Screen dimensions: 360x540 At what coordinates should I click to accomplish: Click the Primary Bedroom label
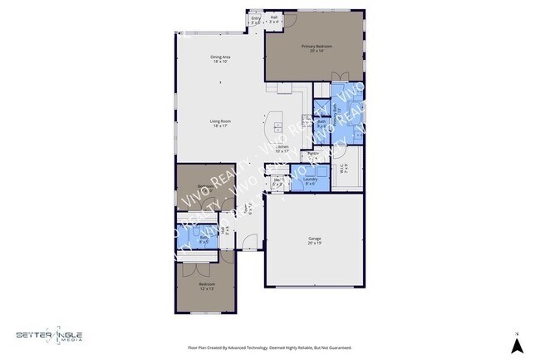[x=315, y=47]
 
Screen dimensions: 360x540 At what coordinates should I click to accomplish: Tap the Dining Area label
[x=220, y=57]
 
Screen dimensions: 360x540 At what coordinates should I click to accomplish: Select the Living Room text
[x=220, y=122]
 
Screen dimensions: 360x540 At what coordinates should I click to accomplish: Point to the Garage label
[x=314, y=239]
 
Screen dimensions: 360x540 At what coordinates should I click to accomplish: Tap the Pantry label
[x=313, y=154]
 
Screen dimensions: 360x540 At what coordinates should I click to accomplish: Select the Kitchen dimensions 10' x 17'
[x=282, y=151]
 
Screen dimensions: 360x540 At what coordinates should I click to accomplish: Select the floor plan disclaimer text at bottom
[x=269, y=348]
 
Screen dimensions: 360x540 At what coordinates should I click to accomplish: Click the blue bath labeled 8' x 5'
[x=204, y=238]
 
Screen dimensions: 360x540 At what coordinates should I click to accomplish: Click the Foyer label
[x=247, y=208]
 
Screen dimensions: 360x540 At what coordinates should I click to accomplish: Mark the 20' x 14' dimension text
[x=315, y=51]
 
